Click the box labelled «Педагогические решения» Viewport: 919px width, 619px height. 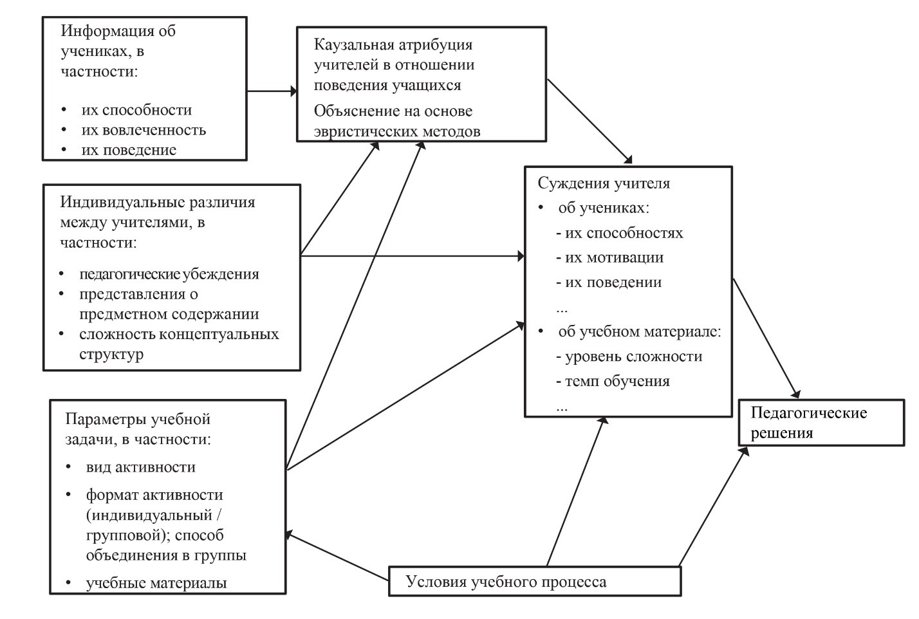(x=821, y=422)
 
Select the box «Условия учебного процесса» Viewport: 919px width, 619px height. (x=534, y=582)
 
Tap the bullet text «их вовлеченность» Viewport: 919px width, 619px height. (x=144, y=130)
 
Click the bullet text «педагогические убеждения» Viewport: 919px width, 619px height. (x=169, y=274)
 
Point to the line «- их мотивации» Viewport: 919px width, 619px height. (x=609, y=257)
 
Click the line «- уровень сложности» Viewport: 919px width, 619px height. (x=629, y=356)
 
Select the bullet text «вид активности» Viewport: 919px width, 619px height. (x=140, y=467)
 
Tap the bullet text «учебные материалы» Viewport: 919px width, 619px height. (x=156, y=583)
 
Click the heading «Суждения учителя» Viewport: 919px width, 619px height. (x=604, y=183)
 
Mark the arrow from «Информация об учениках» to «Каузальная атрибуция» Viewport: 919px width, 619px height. (x=272, y=91)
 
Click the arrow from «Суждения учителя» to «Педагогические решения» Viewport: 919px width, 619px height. (x=766, y=337)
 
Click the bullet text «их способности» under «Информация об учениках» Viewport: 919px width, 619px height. (x=136, y=110)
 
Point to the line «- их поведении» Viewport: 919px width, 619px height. (x=609, y=282)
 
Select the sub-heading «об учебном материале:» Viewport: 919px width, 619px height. (x=640, y=332)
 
